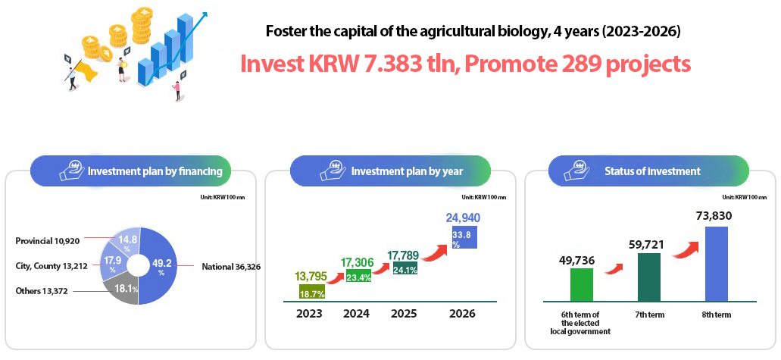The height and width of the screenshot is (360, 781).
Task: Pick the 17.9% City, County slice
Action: (x=111, y=263)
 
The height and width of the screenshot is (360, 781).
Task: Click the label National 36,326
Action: (x=231, y=266)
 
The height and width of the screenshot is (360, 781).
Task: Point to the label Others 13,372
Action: (x=42, y=291)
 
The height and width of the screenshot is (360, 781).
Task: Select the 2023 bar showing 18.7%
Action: (x=312, y=291)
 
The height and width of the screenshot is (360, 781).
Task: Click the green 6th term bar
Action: (x=581, y=285)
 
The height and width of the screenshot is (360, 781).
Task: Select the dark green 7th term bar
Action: (x=648, y=277)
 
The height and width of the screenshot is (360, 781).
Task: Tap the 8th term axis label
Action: (x=717, y=315)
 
